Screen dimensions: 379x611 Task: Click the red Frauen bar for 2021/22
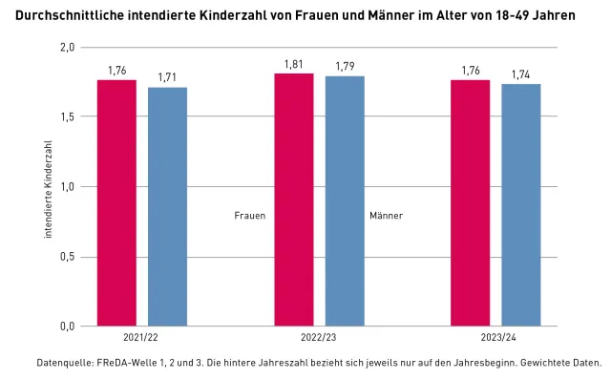116,202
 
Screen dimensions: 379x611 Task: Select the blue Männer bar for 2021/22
167,206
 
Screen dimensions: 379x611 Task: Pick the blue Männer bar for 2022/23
345,200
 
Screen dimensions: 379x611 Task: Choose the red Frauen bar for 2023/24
470,202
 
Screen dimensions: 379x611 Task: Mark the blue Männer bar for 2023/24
521,204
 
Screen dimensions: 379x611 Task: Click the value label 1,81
293,64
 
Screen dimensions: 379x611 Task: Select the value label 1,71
167,77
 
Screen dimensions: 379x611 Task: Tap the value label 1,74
521,74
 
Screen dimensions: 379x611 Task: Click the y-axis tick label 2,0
66,47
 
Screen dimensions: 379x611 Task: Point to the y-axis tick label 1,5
66,116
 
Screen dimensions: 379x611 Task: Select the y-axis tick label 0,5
66,257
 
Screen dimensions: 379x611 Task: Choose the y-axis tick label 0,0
66,326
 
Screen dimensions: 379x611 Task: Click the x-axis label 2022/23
319,338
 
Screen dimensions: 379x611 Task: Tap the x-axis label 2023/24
495,338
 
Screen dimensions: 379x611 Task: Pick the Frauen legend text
249,216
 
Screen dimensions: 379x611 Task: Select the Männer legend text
386,216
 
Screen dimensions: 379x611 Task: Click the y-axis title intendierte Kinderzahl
48,187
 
